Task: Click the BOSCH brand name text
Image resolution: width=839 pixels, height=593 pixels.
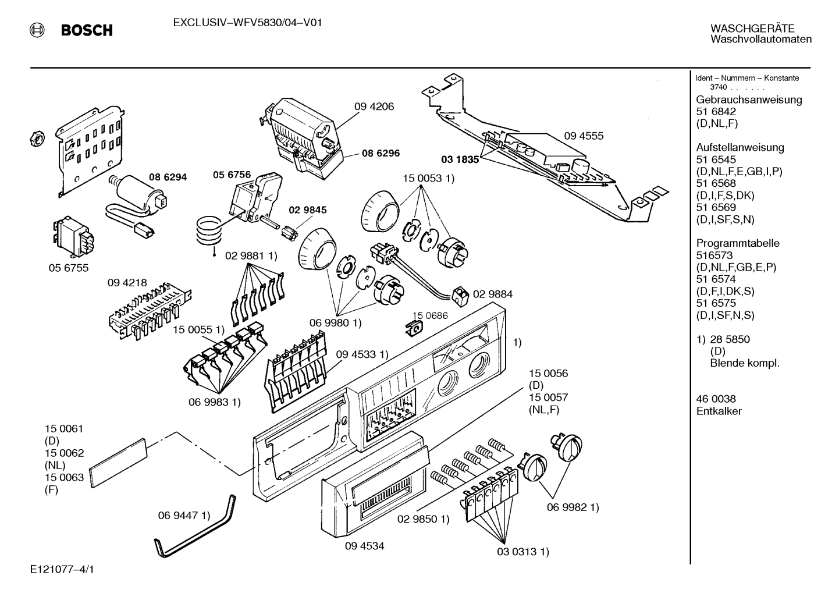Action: tap(87, 30)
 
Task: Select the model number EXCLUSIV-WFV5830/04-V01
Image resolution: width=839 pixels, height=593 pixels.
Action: tap(248, 23)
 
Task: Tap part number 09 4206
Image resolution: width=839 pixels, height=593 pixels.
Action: tap(374, 106)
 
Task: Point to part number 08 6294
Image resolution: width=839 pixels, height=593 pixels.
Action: tap(168, 177)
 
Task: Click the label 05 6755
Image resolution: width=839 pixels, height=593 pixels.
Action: tap(69, 268)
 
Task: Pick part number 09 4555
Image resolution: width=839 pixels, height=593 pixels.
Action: tap(584, 136)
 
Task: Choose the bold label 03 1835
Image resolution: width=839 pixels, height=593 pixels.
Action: tap(460, 159)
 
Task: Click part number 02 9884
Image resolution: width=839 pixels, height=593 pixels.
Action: tap(493, 294)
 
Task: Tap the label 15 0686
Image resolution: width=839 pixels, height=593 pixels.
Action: tap(430, 315)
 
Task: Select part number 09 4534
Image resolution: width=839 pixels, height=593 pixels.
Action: tap(364, 546)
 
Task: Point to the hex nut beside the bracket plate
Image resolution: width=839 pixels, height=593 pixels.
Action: tap(37, 139)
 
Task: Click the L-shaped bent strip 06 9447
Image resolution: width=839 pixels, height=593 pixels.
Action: tap(195, 527)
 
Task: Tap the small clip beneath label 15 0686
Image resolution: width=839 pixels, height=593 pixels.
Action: tap(415, 329)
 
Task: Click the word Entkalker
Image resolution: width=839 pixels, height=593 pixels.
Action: tap(719, 411)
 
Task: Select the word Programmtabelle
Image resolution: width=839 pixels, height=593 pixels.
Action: tap(738, 243)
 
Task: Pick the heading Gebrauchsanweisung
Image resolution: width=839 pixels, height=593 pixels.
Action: tap(749, 100)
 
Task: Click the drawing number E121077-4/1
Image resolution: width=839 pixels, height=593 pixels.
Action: tap(62, 569)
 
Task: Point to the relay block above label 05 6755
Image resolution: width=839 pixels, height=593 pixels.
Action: tap(73, 236)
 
